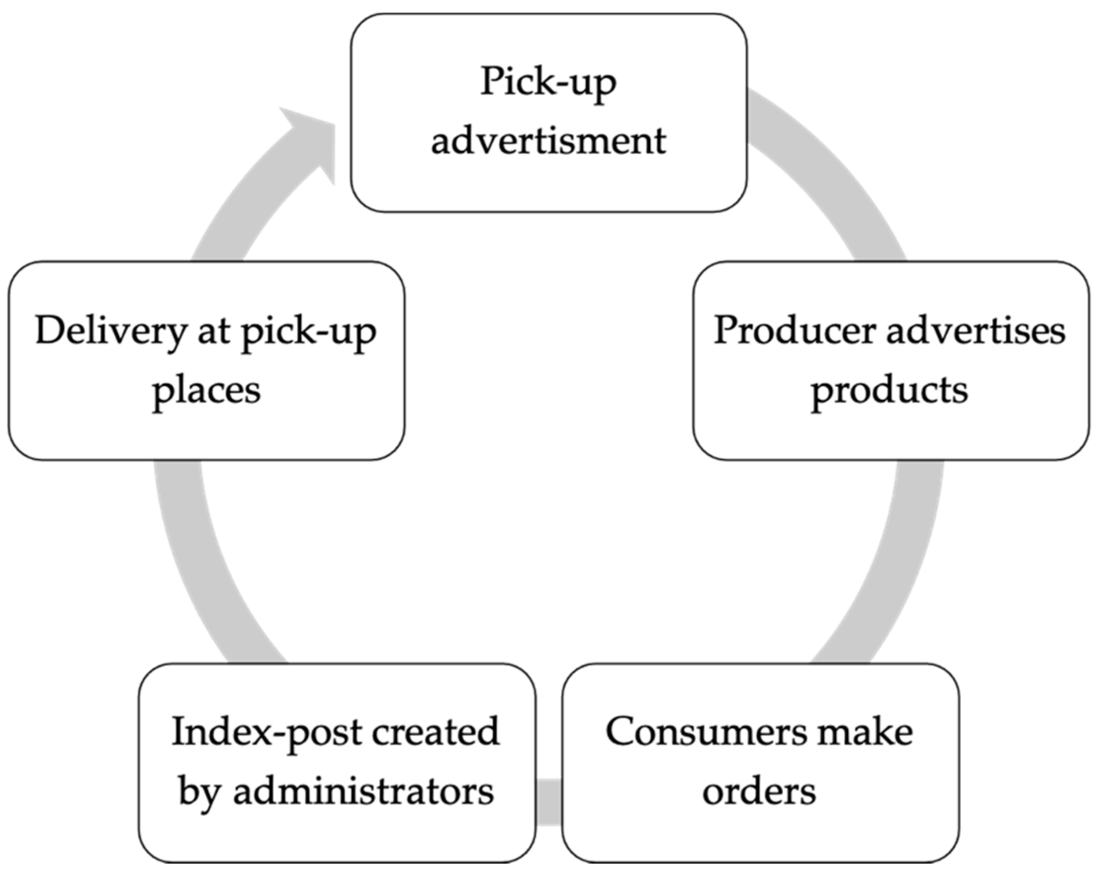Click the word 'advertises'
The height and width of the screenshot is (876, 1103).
tap(976, 331)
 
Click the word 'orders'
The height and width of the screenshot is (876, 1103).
tap(759, 792)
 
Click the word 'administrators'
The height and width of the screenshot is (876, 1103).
tap(364, 792)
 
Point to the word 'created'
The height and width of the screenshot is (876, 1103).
tap(436, 732)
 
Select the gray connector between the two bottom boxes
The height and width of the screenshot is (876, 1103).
tap(549, 801)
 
